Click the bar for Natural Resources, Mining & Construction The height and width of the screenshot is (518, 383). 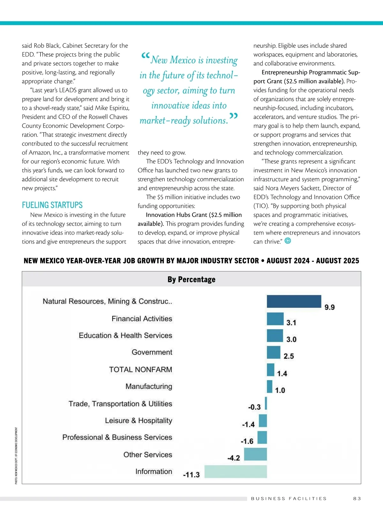pyautogui.click(x=294, y=301)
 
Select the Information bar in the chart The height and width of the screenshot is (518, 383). pyautogui.click(x=236, y=471)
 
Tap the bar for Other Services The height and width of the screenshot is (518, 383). pyautogui.click(x=255, y=454)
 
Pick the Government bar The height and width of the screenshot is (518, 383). pyautogui.click(x=274, y=352)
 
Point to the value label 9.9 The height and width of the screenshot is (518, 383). pyautogui.click(x=329, y=307)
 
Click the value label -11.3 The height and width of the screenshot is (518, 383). pyautogui.click(x=191, y=475)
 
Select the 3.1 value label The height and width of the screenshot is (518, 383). pyautogui.click(x=291, y=323)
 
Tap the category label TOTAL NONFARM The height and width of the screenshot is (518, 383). pyautogui.click(x=140, y=370)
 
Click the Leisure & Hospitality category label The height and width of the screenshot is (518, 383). pyautogui.click(x=139, y=421)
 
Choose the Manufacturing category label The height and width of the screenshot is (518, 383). pyautogui.click(x=149, y=386)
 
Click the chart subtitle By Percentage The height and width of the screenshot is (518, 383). pyautogui.click(x=191, y=279)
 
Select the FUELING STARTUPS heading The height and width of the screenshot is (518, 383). pyautogui.click(x=52, y=205)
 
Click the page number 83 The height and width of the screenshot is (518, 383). pyautogui.click(x=357, y=499)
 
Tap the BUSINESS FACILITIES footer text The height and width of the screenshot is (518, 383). pyautogui.click(x=289, y=499)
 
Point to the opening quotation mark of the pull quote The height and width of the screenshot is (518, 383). pyautogui.click(x=145, y=56)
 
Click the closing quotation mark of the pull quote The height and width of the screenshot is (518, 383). pyautogui.click(x=234, y=117)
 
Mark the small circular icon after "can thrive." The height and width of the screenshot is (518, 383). pyautogui.click(x=288, y=241)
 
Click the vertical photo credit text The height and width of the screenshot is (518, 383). pyautogui.click(x=16, y=456)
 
